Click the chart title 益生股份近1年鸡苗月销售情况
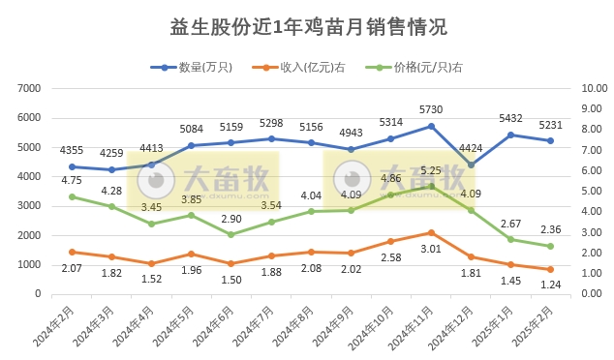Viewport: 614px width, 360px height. tap(307, 26)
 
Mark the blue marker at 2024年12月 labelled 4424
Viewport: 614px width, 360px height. tap(471, 165)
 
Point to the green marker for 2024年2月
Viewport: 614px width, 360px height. tap(72, 196)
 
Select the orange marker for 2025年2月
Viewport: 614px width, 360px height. tap(550, 269)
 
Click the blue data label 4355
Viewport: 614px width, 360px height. tap(72, 150)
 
